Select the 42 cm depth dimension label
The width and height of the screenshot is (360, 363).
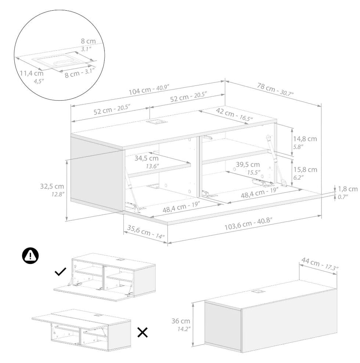234,115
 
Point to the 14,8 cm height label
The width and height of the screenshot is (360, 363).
305,142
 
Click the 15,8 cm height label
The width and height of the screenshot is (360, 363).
305,173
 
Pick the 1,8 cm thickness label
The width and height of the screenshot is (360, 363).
348,192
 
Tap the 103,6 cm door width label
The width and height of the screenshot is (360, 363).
248,224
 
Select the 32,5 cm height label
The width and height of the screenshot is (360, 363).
52,190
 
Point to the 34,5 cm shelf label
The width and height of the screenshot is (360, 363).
147,162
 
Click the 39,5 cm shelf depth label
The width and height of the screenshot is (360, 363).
248,168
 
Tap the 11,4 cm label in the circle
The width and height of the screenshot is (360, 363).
32,77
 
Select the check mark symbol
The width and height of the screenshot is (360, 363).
61,272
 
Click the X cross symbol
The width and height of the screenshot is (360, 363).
143,333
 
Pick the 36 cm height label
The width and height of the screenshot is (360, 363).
181,324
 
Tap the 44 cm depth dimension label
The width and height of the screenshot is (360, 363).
320,264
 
